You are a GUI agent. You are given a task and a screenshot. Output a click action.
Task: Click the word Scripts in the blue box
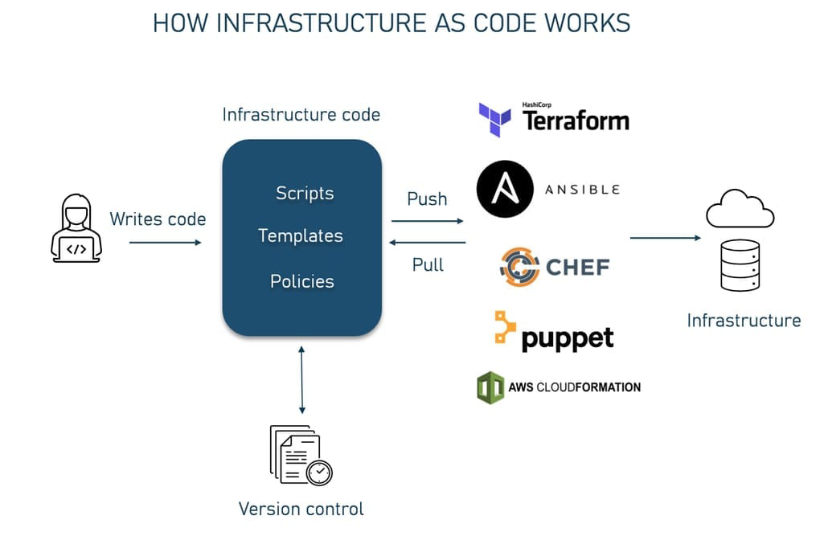click(304, 194)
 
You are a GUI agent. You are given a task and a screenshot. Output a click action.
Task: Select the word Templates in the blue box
click(301, 236)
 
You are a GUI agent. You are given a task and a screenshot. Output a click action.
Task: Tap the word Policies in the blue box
click(301, 281)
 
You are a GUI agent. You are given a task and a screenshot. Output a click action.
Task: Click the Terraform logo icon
click(494, 120)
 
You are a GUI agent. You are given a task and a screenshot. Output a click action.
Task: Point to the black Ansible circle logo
click(504, 190)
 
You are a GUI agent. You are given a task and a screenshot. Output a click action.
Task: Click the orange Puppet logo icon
click(505, 329)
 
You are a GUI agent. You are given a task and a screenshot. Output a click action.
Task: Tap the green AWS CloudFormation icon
click(490, 387)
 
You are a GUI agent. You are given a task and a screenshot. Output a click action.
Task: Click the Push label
click(427, 199)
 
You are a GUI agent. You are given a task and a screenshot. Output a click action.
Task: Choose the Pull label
click(428, 264)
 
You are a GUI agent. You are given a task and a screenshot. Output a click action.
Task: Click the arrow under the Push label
click(428, 221)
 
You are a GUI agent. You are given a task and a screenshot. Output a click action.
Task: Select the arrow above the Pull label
click(428, 242)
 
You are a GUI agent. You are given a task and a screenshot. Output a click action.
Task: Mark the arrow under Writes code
click(165, 241)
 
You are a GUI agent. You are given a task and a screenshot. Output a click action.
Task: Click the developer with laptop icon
click(76, 229)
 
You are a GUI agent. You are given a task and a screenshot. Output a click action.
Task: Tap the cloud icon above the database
click(740, 211)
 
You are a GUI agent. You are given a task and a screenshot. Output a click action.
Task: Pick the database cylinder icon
click(740, 265)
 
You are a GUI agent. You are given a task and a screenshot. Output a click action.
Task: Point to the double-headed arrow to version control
click(301, 379)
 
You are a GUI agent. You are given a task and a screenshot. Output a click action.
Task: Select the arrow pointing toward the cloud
click(666, 238)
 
